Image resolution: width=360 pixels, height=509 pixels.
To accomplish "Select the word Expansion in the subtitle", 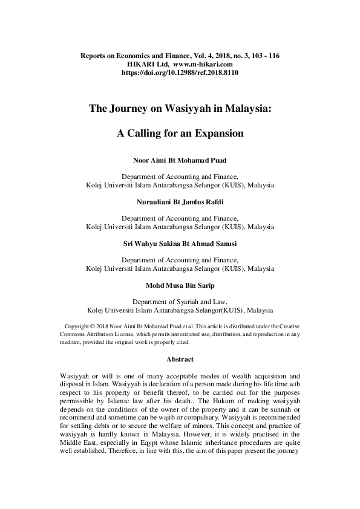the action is (216, 133).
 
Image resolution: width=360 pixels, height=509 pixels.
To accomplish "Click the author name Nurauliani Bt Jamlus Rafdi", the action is (180, 202).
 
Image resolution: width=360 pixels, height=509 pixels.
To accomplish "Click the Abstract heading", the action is (180, 360).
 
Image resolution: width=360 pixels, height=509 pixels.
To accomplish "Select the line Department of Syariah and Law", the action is (180, 301).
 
